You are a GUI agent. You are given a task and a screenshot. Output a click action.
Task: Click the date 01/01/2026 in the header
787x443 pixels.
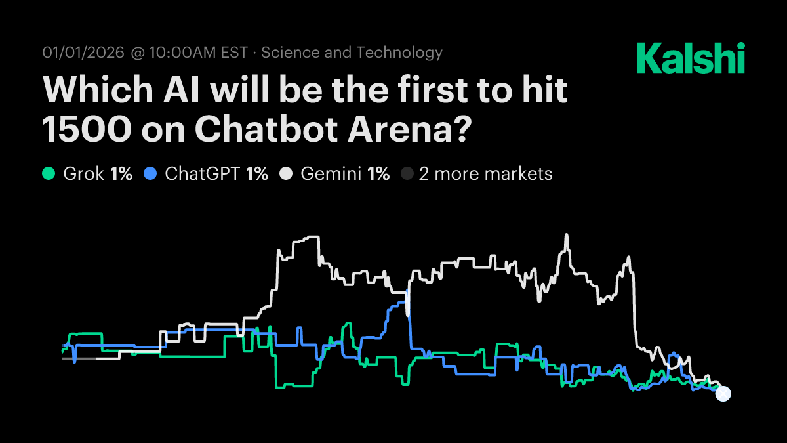tap(83, 53)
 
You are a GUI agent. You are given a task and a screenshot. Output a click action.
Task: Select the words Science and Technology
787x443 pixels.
tap(352, 53)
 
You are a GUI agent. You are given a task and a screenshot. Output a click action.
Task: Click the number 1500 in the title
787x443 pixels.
tap(83, 129)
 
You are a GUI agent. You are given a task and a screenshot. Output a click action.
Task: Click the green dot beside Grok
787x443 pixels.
tap(49, 174)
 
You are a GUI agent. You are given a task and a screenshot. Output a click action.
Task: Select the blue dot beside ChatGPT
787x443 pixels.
tap(151, 174)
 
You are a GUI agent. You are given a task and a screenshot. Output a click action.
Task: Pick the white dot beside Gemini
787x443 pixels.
tap(285, 174)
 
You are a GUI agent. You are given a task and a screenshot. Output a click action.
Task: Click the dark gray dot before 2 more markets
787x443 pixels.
tap(407, 174)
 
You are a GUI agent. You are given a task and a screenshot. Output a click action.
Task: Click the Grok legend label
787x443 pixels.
tap(84, 174)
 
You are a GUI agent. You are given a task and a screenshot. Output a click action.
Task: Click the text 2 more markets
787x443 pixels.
tap(486, 174)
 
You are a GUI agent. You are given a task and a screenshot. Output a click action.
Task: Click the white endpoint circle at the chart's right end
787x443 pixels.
tap(723, 394)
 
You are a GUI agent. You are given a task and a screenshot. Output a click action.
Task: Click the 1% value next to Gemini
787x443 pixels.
tap(378, 174)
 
